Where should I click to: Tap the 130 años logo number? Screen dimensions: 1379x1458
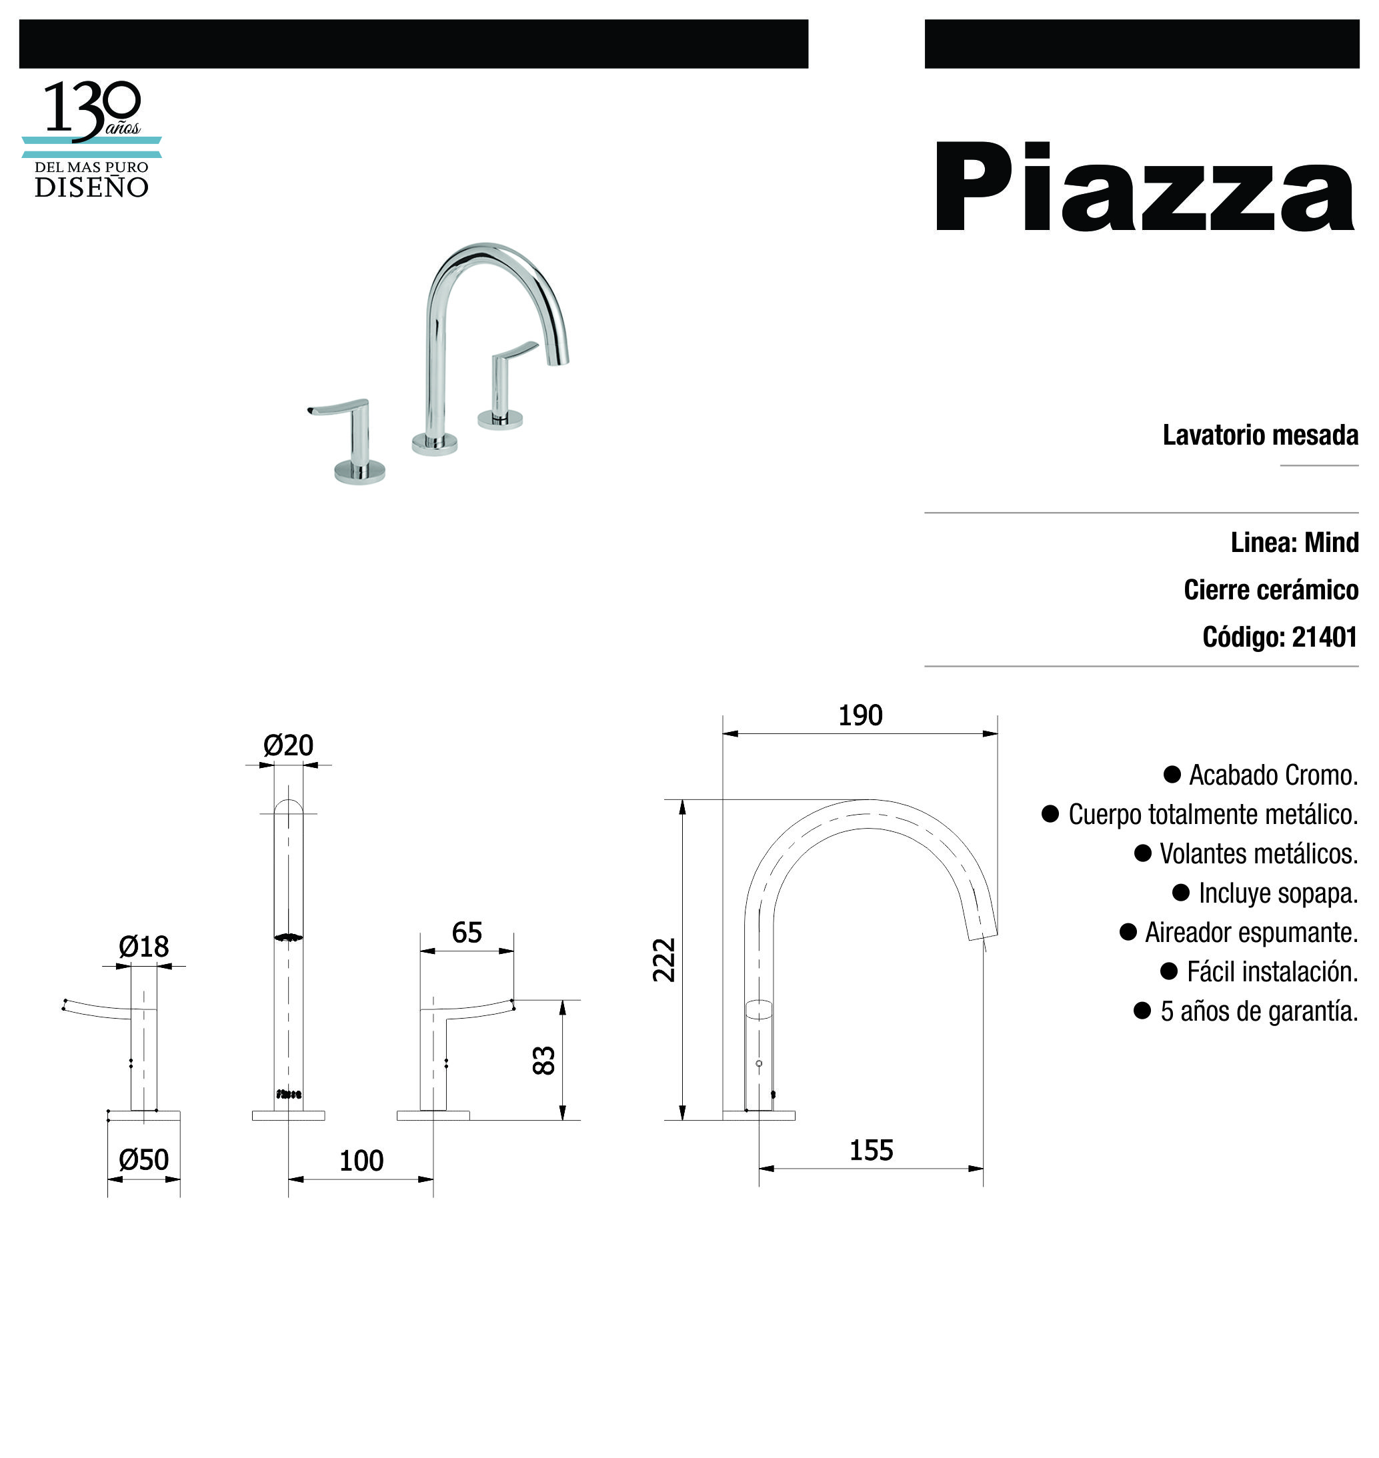(x=93, y=111)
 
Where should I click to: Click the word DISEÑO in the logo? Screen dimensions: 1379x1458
(x=92, y=187)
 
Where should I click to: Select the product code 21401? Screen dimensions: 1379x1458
(x=1324, y=637)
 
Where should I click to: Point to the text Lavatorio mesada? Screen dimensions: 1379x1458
(x=1260, y=435)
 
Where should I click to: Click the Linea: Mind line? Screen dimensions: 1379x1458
(x=1294, y=543)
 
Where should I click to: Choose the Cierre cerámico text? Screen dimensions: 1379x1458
(x=1271, y=589)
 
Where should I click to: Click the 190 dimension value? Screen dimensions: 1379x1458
(x=860, y=715)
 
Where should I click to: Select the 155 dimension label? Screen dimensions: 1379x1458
(x=871, y=1150)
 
